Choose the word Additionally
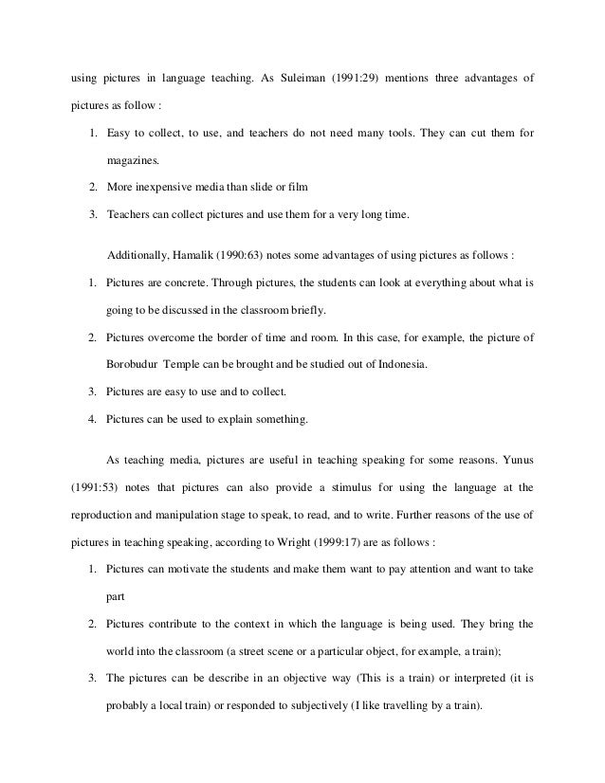[x=140, y=256]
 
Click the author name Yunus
[x=514, y=461]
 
